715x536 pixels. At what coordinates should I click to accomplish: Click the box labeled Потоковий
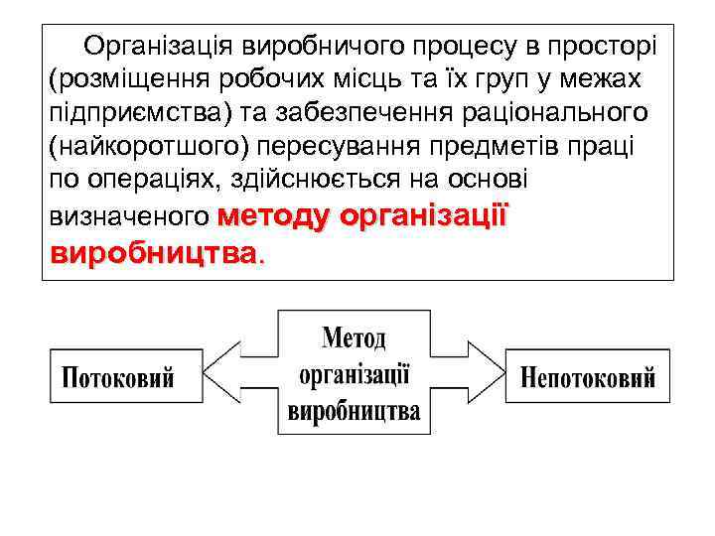click(x=118, y=377)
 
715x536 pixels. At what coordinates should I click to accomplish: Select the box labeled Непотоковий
click(x=588, y=377)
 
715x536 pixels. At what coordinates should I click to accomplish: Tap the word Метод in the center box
click(x=354, y=338)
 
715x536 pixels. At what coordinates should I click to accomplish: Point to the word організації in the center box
click(x=354, y=374)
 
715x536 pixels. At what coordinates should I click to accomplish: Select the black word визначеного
click(x=127, y=215)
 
